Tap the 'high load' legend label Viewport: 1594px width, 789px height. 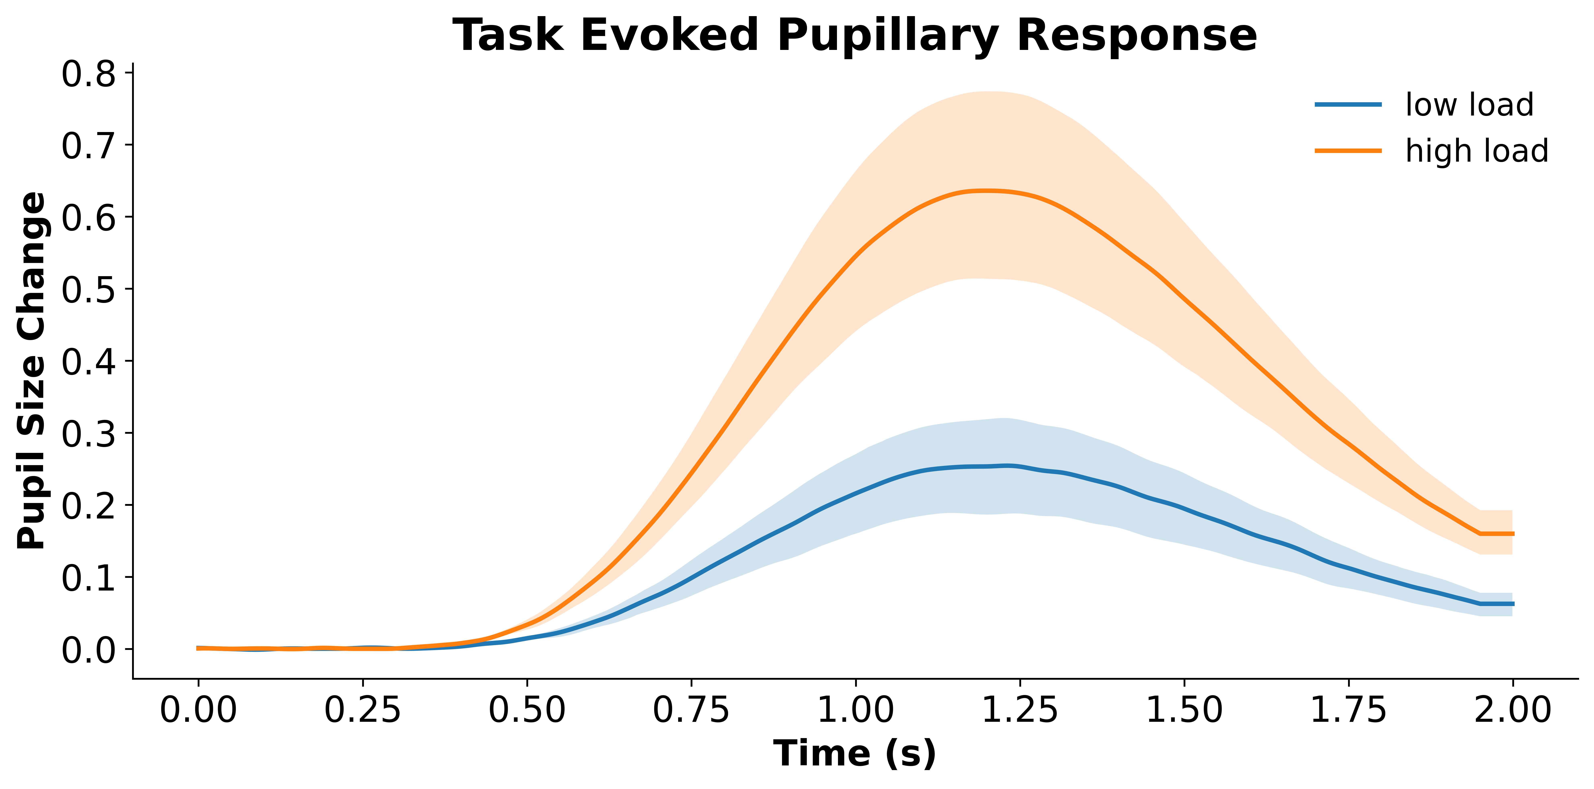tap(1476, 151)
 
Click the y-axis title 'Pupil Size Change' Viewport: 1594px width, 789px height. tap(31, 370)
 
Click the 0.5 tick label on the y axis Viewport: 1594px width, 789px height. tap(89, 289)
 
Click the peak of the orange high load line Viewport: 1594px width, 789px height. tap(987, 191)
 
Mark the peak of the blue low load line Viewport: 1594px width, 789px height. tap(1007, 465)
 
